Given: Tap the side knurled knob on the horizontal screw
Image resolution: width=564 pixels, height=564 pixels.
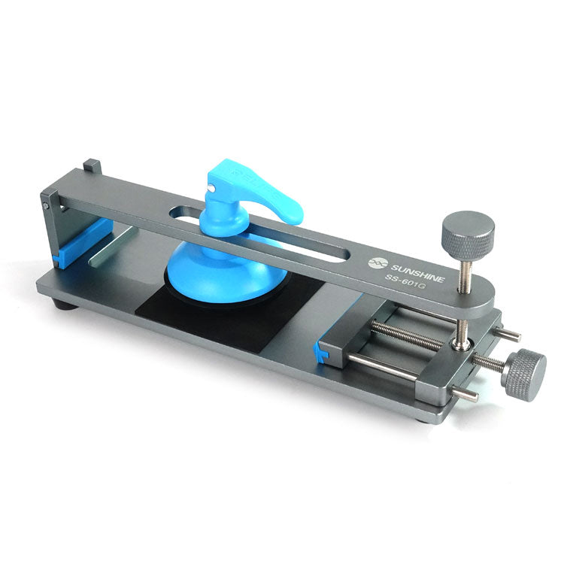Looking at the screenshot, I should tap(524, 374).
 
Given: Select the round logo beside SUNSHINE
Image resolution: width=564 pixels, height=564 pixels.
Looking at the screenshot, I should tap(375, 262).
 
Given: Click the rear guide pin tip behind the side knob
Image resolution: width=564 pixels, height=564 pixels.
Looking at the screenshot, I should tap(511, 335).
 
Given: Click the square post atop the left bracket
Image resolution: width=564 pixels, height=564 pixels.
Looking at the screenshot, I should tap(92, 165).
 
